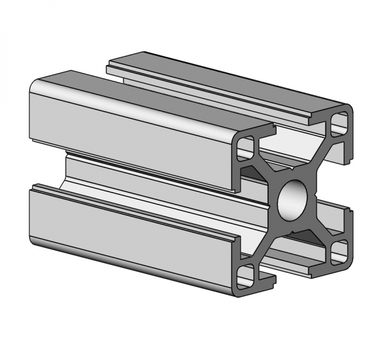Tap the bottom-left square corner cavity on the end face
[x=245, y=276]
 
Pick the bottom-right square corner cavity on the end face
[x=339, y=251]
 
